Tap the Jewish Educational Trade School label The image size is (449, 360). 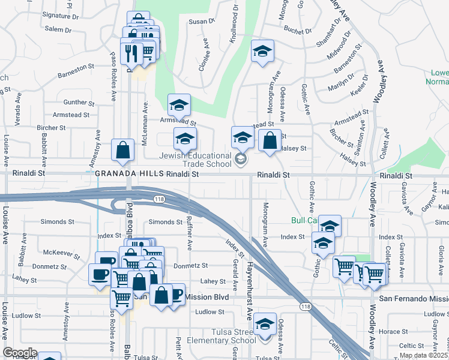pyautogui.click(x=195, y=159)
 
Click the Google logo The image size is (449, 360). pyautogui.click(x=20, y=353)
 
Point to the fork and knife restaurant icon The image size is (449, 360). pyautogui.click(x=131, y=53)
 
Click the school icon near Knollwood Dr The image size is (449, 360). pyautogui.click(x=262, y=52)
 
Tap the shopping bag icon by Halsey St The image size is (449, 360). pyautogui.click(x=270, y=142)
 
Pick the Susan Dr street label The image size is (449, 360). pyautogui.click(x=202, y=21)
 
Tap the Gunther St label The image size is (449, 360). pyautogui.click(x=75, y=103)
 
